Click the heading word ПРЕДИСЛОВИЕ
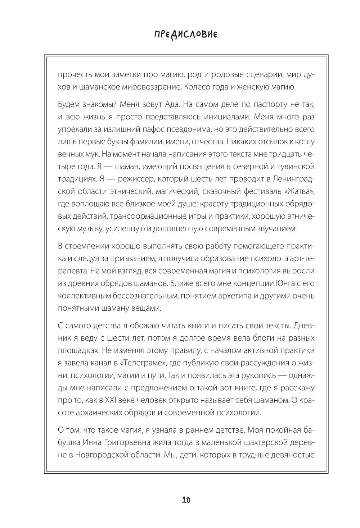coord(185,35)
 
